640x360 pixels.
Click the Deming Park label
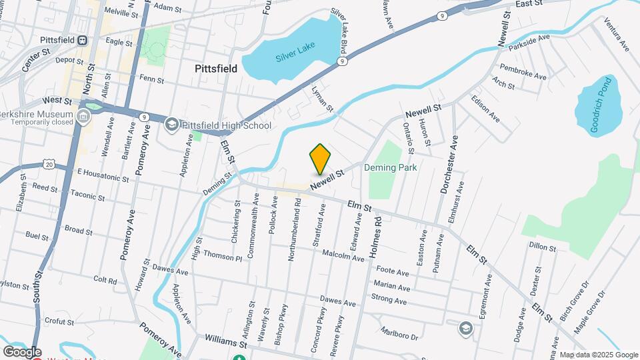pyautogui.click(x=391, y=167)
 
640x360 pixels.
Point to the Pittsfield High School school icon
pyautogui.click(x=171, y=125)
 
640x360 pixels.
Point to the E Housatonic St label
pyautogui.click(x=103, y=175)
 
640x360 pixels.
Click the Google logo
pyautogui.click(x=21, y=352)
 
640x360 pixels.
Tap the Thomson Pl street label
pyautogui.click(x=223, y=256)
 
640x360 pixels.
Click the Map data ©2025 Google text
pyautogui.click(x=599, y=355)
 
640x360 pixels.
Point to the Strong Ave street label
pyautogui.click(x=389, y=301)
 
